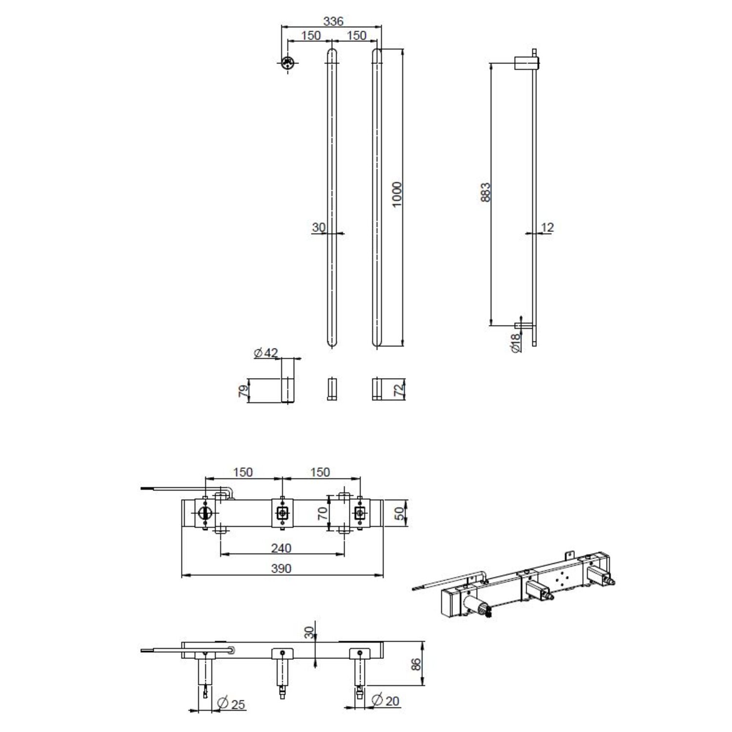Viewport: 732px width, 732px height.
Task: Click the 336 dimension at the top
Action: click(333, 21)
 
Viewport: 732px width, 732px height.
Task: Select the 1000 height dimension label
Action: click(397, 194)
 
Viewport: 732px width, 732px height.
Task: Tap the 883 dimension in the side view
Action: click(485, 192)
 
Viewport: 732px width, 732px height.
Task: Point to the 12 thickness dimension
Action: click(548, 227)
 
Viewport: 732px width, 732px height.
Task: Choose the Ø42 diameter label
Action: click(266, 352)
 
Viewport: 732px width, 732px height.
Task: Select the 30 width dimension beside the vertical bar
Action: click(319, 227)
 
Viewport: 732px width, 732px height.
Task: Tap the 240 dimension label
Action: click(281, 548)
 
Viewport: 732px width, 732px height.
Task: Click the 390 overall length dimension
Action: click(281, 569)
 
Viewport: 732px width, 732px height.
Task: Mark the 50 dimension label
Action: click(400, 513)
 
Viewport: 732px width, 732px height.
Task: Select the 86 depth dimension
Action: click(416, 664)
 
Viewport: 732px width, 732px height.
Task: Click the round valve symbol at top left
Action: click(287, 63)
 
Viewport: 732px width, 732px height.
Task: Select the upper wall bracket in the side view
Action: click(526, 63)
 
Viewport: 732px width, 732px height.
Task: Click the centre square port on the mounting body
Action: click(282, 513)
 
